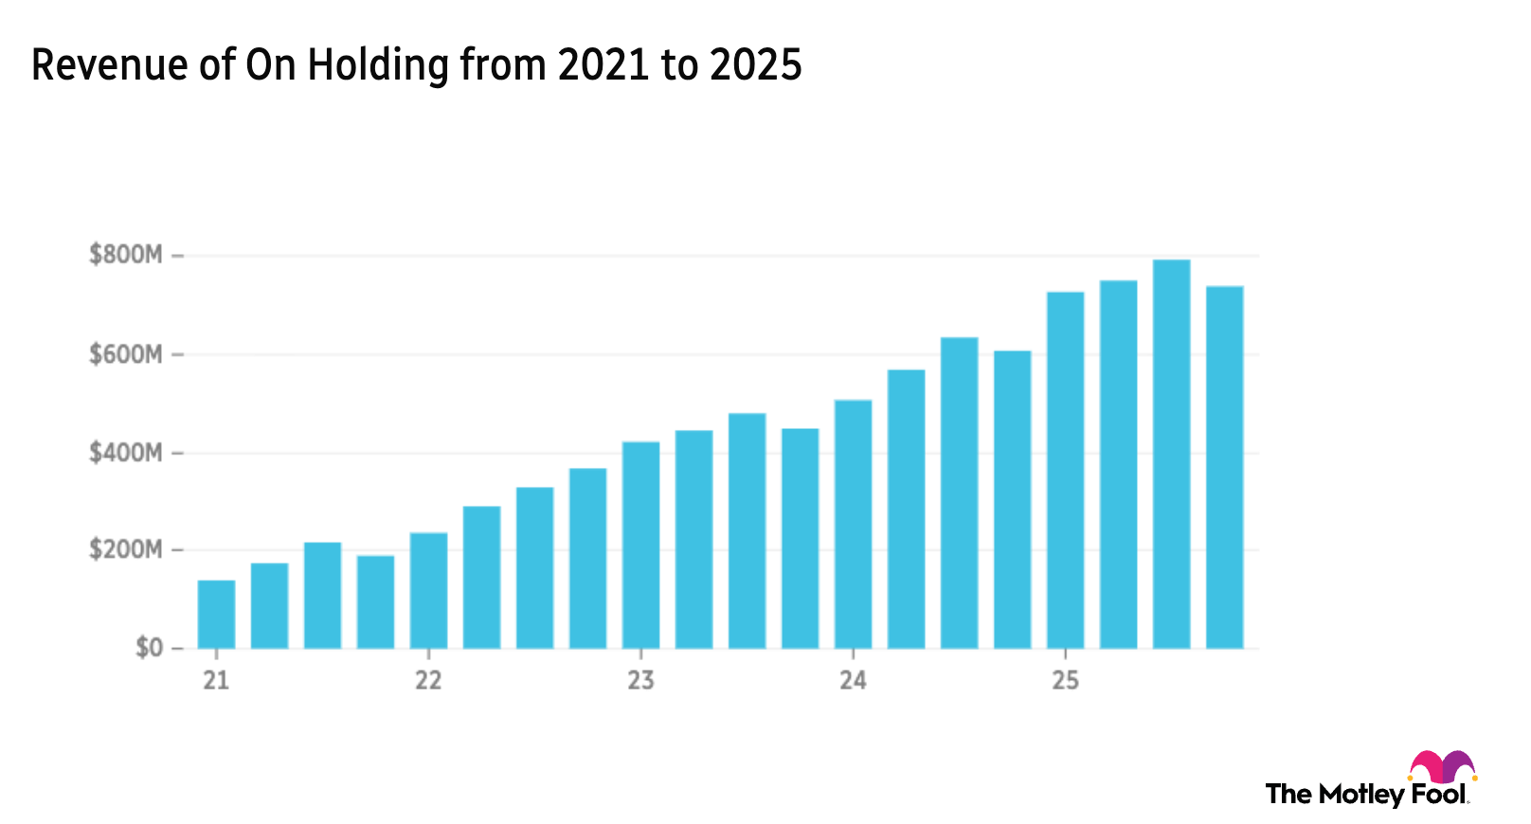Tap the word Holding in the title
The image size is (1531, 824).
(378, 65)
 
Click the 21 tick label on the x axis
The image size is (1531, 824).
(216, 680)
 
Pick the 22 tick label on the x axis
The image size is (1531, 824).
(428, 680)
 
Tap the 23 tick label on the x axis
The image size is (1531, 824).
(641, 680)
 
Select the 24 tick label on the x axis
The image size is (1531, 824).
(853, 680)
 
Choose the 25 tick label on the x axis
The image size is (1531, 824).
(1065, 680)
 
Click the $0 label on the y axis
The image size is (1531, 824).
(149, 648)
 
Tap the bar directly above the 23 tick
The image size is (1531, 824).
(641, 545)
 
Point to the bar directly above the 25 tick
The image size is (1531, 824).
(1065, 469)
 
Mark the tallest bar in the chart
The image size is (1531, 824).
(1172, 455)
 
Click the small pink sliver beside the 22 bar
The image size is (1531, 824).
(403, 601)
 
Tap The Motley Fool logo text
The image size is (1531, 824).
(1364, 795)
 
